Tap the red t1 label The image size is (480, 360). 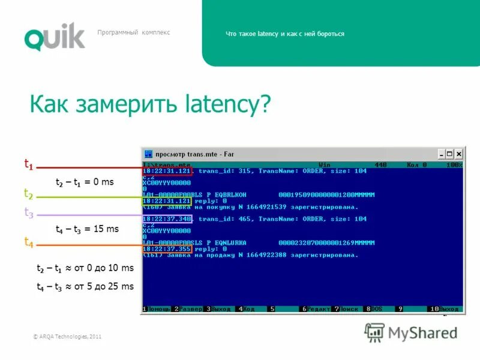pos(28,163)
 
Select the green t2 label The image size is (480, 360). pos(28,193)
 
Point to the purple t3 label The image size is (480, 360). pos(28,212)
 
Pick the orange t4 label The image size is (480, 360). pos(28,242)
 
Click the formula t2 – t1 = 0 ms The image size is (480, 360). pos(85,182)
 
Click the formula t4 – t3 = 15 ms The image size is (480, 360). pos(87,229)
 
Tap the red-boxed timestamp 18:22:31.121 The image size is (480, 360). pos(167,171)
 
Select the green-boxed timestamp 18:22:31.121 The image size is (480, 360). pos(167,201)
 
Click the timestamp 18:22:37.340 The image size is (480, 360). pos(167,219)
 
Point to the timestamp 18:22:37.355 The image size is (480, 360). pos(167,248)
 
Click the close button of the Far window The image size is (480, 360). pos(458,154)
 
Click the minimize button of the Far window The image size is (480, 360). pos(441,154)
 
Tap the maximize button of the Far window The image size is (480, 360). pos(449,154)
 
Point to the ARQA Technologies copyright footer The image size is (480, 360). pos(67,337)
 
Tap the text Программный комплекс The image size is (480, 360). pos(134,32)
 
